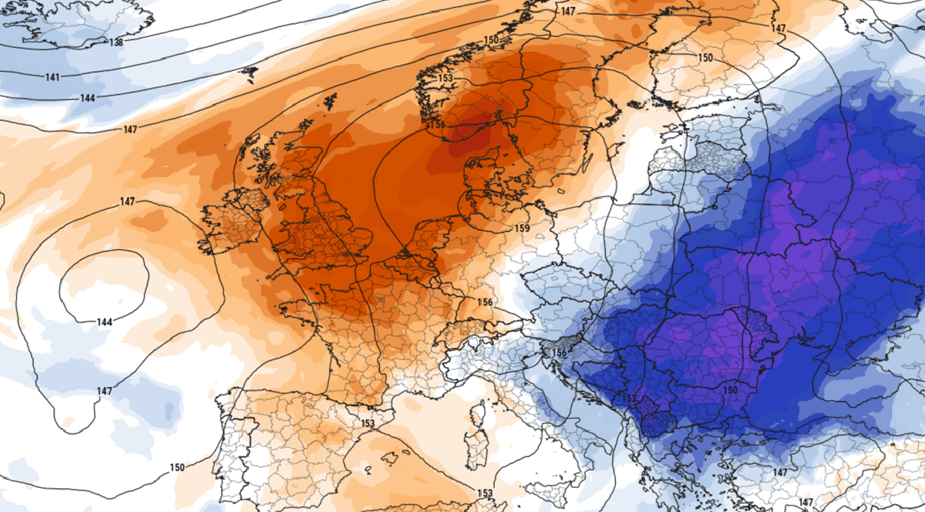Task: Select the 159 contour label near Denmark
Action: [x=522, y=229]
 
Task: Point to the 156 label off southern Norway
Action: [x=436, y=124]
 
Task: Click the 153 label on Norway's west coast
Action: [x=446, y=78]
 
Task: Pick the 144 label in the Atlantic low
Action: [x=105, y=322]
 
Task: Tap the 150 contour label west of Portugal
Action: [x=177, y=468]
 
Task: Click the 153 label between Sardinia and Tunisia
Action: [x=485, y=493]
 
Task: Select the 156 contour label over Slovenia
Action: [x=560, y=353]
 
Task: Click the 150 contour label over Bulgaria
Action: [x=731, y=391]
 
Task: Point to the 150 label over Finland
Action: [x=705, y=58]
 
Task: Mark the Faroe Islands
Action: [x=248, y=73]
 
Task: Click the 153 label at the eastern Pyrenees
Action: [x=368, y=423]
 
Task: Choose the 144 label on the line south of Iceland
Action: [x=88, y=98]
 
